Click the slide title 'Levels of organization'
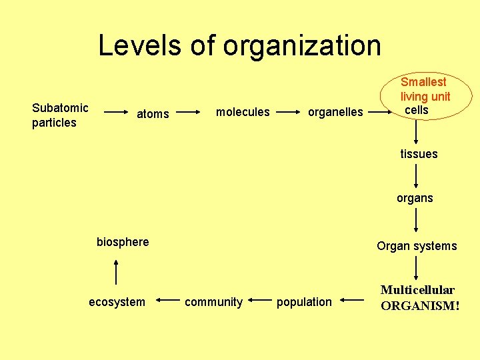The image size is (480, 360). pyautogui.click(x=240, y=46)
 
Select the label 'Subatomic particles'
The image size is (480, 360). pyautogui.click(x=60, y=115)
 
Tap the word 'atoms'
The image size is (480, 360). pyautogui.click(x=153, y=114)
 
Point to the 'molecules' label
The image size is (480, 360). pyautogui.click(x=243, y=112)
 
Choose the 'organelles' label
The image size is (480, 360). pyautogui.click(x=335, y=112)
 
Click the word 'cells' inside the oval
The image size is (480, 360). pyautogui.click(x=417, y=110)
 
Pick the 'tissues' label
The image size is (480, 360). pyautogui.click(x=419, y=154)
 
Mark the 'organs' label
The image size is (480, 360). pyautogui.click(x=415, y=198)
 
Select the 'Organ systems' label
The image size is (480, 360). pyautogui.click(x=417, y=246)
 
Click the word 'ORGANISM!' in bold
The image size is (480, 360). pyautogui.click(x=420, y=306)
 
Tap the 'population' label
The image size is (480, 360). pyautogui.click(x=304, y=302)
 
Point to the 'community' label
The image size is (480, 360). pyautogui.click(x=213, y=302)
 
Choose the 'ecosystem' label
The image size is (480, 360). pyautogui.click(x=117, y=302)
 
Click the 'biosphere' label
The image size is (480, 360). pyautogui.click(x=123, y=242)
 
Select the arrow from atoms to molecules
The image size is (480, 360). pyautogui.click(x=191, y=113)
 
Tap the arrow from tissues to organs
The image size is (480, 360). pyautogui.click(x=416, y=176)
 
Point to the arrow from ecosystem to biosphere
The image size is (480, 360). pyautogui.click(x=116, y=272)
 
